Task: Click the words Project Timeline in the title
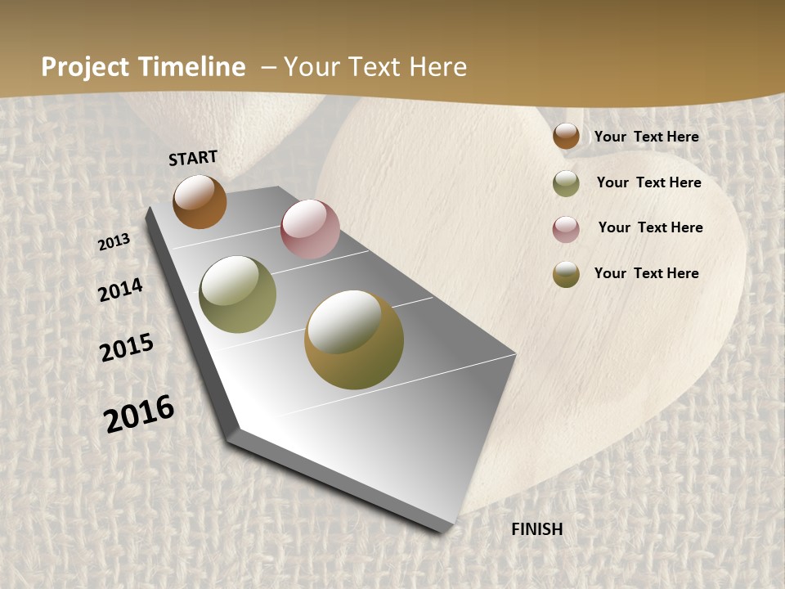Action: (143, 67)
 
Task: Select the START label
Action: (193, 158)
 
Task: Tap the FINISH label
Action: (537, 529)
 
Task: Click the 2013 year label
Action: (114, 242)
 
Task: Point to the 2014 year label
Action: (120, 290)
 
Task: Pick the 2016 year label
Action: (139, 414)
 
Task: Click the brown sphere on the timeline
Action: (200, 202)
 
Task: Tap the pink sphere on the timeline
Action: (310, 229)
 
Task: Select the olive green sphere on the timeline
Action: (238, 294)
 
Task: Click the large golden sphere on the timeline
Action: (354, 339)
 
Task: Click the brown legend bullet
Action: (566, 137)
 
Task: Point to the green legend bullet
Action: (566, 183)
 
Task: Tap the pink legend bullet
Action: (566, 229)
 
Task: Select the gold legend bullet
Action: (566, 274)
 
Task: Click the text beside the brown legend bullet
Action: (646, 137)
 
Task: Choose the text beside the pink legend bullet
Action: (650, 227)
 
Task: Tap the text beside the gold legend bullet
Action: (646, 273)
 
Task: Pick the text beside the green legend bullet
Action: (648, 182)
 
